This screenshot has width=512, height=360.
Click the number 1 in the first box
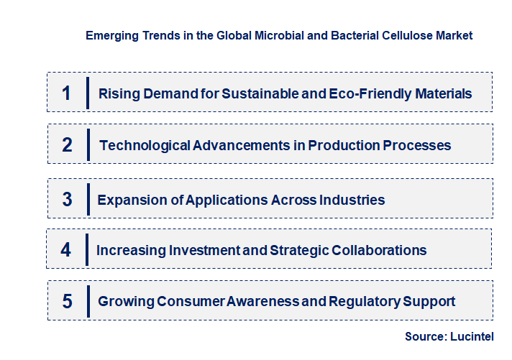[x=66, y=93]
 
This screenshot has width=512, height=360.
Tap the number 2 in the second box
[x=67, y=145]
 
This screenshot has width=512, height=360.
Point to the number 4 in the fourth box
[x=66, y=250]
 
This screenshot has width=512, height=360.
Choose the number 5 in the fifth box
[x=67, y=301]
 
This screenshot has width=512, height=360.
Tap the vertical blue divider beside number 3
[x=87, y=199]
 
